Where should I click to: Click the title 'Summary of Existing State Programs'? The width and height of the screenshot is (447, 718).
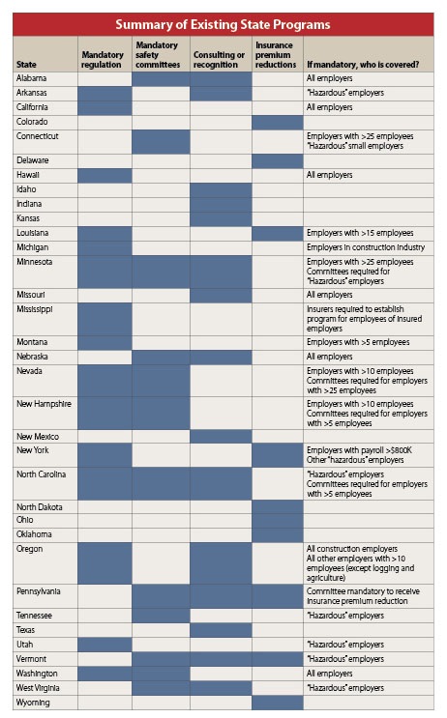coord(223,24)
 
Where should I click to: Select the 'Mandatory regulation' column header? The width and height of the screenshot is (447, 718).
coord(103,60)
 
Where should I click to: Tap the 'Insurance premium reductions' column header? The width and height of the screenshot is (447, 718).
coord(276,55)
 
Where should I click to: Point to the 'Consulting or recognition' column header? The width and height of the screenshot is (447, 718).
coord(219,60)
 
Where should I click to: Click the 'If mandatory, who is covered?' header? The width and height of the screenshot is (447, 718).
coord(363,65)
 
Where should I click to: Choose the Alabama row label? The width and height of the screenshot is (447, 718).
coord(31,78)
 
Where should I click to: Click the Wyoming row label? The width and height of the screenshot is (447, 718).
coord(33,703)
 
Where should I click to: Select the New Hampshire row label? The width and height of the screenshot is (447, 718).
coord(44,404)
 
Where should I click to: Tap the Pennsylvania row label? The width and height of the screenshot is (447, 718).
coord(38,591)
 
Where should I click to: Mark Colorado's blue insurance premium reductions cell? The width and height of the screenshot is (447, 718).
coord(278,123)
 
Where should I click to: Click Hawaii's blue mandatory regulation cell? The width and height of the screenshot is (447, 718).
coord(105,175)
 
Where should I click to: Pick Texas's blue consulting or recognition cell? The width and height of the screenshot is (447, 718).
coord(221,630)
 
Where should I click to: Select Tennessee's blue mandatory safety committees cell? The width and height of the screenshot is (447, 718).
coord(161,616)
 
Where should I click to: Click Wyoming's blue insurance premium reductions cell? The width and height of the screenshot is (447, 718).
coord(278,703)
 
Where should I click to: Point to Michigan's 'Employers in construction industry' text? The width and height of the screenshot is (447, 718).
coord(366,247)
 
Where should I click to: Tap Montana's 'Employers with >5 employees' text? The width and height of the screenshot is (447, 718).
coord(358,342)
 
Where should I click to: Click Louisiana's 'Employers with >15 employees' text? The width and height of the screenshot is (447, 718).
coord(360,233)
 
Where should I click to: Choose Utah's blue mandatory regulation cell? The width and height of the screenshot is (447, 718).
coord(105,645)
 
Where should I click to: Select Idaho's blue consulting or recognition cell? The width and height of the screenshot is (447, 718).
coord(221,190)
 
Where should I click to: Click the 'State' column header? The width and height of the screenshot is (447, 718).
coord(26,65)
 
